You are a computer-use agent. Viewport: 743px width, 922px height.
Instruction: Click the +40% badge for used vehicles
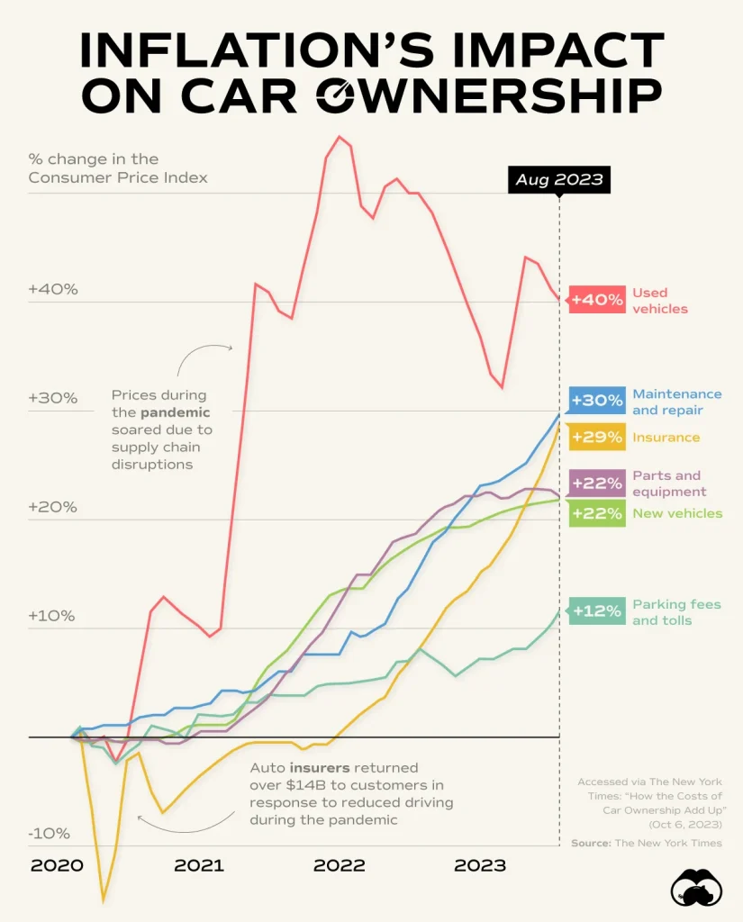pos(597,300)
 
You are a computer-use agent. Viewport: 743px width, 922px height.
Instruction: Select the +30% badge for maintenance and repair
pos(597,401)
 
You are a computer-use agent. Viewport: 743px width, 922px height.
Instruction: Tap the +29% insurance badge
pos(597,438)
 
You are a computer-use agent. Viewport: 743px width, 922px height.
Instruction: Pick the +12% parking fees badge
pos(597,611)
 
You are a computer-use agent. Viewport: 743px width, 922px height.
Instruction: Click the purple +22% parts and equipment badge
pos(597,484)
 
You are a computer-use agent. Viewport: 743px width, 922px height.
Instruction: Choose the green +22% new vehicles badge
pos(597,513)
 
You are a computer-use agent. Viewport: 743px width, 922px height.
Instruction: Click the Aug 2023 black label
pos(558,180)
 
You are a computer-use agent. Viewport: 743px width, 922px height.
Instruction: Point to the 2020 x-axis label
pos(57,866)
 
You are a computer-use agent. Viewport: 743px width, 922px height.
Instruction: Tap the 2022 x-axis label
pos(339,866)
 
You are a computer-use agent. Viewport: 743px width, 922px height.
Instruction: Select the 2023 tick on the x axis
pos(479,866)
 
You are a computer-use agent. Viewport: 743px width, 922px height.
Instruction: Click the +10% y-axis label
pos(53,617)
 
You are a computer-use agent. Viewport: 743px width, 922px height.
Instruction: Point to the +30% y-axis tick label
pos(53,398)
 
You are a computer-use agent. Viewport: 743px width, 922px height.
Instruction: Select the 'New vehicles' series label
pos(677,513)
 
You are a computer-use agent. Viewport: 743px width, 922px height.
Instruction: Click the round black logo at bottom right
pos(697,890)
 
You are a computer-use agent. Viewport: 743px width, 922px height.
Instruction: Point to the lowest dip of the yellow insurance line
pos(104,899)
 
